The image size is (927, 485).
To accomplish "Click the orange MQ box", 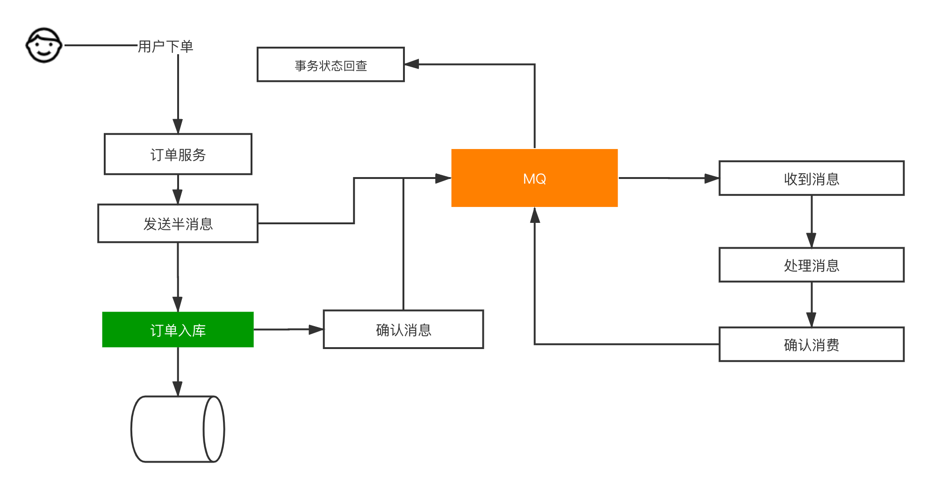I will pos(534,178).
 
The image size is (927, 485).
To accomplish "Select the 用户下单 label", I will pos(165,46).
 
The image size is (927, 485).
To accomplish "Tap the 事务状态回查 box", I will pos(331,64).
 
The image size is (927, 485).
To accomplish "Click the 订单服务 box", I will pos(178,154).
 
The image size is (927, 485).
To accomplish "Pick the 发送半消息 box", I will pos(178,223).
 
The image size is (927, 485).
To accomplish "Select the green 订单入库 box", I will pos(178,330).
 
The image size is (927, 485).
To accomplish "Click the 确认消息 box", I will pos(403,329).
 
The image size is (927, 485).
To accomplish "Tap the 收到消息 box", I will pos(811,178).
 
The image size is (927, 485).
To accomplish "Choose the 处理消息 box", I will pos(811,265).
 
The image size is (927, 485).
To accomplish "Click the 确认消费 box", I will pos(811,344).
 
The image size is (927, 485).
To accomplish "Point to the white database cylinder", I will pos(178,429).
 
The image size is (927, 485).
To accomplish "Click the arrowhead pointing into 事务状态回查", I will pos(412,64).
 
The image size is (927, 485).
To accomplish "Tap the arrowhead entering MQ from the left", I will pos(442,178).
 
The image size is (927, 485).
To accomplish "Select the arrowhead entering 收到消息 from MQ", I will pos(711,178).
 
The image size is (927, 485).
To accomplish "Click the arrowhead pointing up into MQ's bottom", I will pos(535,215).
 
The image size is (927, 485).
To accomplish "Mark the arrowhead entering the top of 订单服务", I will pos(178,126).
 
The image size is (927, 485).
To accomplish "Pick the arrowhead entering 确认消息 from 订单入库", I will pos(316,329).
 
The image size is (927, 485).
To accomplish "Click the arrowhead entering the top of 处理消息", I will pos(811,240).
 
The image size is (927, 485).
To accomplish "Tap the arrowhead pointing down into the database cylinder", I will pos(178,388).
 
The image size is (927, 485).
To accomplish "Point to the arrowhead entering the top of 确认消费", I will pos(811,320).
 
